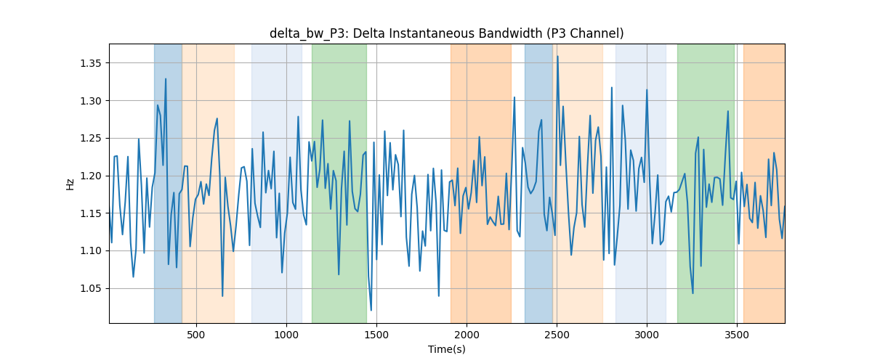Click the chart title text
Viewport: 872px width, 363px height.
[x=446, y=33]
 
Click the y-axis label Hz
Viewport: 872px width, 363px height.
[x=70, y=184]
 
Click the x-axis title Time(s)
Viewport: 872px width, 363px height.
[x=447, y=349]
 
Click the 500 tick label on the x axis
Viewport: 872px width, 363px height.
[x=196, y=335]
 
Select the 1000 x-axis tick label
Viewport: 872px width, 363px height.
[x=286, y=335]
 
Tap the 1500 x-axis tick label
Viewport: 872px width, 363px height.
[x=376, y=335]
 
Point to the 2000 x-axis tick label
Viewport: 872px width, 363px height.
[x=467, y=335]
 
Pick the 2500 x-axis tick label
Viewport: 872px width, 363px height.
[x=557, y=335]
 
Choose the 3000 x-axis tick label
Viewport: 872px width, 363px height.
[x=647, y=335]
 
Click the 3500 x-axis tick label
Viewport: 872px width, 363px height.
[x=738, y=335]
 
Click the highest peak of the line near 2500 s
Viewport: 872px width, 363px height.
[x=557, y=57]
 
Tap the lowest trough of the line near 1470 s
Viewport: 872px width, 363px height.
[x=371, y=310]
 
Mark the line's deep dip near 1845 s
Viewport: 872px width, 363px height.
[x=439, y=296]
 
